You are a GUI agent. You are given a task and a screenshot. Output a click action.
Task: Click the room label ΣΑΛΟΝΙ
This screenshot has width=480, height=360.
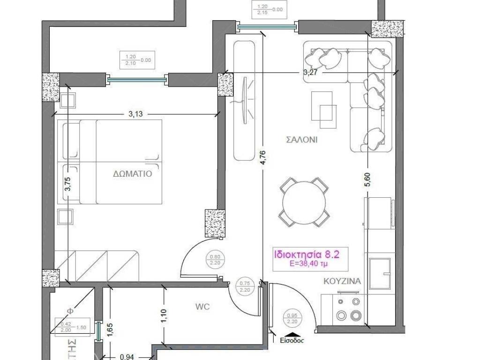click(x=301, y=140)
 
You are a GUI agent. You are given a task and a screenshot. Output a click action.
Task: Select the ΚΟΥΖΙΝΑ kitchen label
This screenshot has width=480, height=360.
click(x=342, y=282)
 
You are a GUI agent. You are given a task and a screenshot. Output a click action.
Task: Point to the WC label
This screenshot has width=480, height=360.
click(x=202, y=307)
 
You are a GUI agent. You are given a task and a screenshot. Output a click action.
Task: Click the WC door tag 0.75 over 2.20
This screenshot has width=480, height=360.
click(x=245, y=286)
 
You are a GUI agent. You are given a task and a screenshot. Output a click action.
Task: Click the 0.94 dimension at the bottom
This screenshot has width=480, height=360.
click(x=127, y=357)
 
